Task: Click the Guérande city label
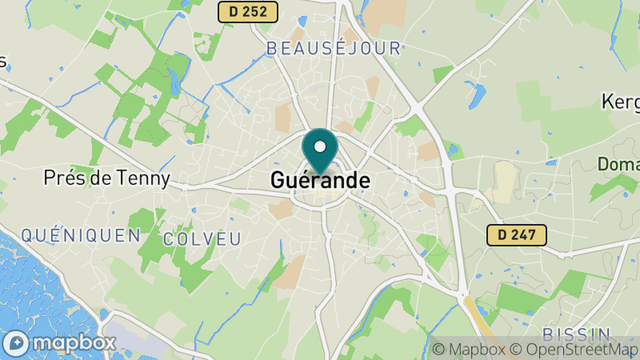tap(320, 181)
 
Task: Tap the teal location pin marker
tap(320, 152)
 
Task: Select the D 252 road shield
tap(248, 11)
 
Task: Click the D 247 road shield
tap(517, 234)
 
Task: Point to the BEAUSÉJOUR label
tap(333, 49)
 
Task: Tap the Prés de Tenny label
tap(107, 178)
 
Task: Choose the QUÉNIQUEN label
tap(81, 235)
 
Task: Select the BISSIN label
tap(576, 334)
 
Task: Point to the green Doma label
tap(618, 165)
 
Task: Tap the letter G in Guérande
tap(278, 181)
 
